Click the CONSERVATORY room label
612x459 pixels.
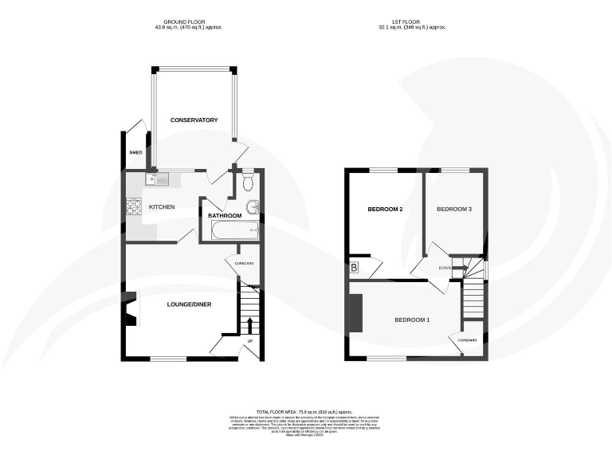tap(194, 120)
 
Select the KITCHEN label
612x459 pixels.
tap(162, 207)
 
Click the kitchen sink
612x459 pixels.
tap(156, 180)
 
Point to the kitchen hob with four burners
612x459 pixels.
tap(133, 207)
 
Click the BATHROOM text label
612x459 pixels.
tap(225, 215)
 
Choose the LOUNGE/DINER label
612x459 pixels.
tap(189, 304)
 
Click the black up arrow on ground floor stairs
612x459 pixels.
tap(249, 324)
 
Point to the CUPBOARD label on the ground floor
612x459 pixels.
tap(244, 263)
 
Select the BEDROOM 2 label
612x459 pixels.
tap(384, 210)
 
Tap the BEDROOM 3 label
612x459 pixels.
tap(454, 210)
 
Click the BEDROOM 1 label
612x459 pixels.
tap(412, 320)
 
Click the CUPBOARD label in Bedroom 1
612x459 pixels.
tap(468, 340)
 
